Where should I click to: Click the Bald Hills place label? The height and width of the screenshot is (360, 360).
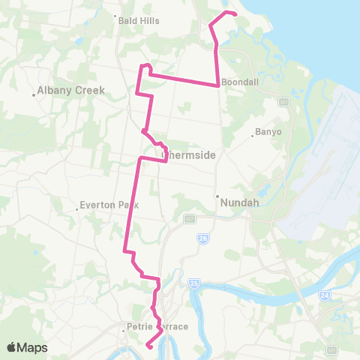pyautogui.click(x=139, y=21)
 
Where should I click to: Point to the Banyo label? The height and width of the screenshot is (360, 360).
pyautogui.click(x=268, y=132)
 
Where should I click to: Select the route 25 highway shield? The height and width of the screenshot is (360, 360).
pyautogui.click(x=194, y=283)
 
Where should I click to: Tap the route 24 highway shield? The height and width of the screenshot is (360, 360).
pyautogui.click(x=324, y=295)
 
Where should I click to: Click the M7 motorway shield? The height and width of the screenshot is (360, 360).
pyautogui.click(x=190, y=218)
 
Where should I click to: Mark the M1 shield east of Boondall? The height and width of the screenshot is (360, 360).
pyautogui.click(x=283, y=101)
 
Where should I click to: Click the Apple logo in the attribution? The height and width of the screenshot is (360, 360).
pyautogui.click(x=12, y=347)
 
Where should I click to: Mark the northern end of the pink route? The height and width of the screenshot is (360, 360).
pyautogui.click(x=235, y=14)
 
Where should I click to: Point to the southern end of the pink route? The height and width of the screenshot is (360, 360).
pyautogui.click(x=148, y=346)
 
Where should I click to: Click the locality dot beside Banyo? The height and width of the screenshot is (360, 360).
pyautogui.click(x=253, y=136)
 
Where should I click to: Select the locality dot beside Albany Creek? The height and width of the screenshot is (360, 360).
pyautogui.click(x=34, y=94)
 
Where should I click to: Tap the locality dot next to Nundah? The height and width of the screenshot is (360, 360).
pyautogui.click(x=217, y=196)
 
